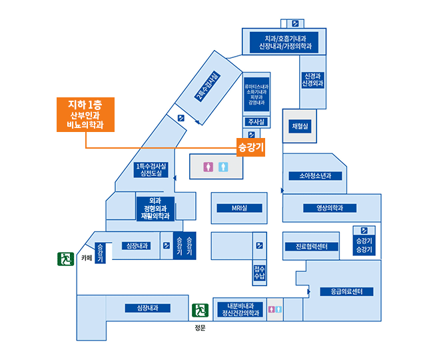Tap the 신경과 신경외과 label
(312, 80)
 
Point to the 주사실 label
(256, 122)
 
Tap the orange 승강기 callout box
(251, 146)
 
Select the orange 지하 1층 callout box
(85, 114)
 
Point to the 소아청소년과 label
(315, 176)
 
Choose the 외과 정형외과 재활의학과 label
(155, 208)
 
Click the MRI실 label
(239, 208)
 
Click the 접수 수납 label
(259, 272)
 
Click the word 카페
(86, 257)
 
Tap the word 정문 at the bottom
(200, 328)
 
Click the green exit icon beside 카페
(65, 257)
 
